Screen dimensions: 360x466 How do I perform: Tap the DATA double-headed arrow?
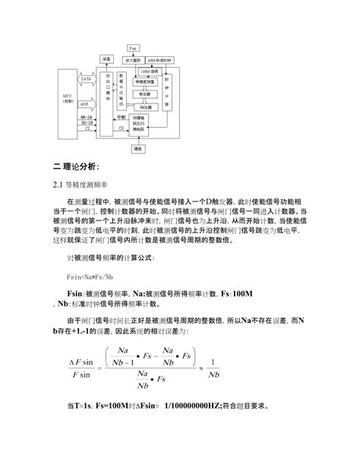[x=87, y=78]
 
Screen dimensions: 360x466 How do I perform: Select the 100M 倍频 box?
[x=149, y=70]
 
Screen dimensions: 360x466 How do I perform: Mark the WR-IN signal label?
[x=87, y=117]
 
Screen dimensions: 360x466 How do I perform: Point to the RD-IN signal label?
[x=87, y=123]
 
